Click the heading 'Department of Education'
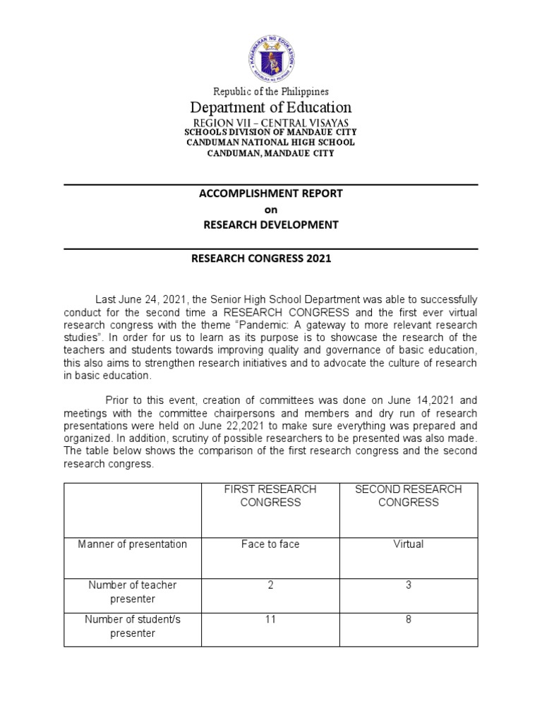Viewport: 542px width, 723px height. point(271,107)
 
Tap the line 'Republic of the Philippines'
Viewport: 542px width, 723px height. point(271,91)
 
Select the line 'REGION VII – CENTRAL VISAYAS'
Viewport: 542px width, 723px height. point(271,122)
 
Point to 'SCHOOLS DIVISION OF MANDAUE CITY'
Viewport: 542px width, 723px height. point(271,132)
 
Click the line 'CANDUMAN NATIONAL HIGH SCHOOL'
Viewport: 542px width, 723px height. point(271,143)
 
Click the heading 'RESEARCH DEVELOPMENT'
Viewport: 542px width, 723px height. point(271,225)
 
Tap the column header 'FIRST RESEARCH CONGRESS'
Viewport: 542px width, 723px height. point(270,496)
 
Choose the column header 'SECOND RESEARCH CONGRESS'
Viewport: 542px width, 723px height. point(409,496)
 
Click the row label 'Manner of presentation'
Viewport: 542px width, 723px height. point(133,544)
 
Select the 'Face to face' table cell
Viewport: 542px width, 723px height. point(270,544)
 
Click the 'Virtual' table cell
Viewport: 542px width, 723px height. point(409,544)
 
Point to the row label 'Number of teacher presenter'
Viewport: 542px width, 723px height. point(133,592)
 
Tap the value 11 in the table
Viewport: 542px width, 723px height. point(270,619)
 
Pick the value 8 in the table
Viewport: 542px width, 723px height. point(409,619)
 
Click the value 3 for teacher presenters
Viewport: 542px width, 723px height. point(409,585)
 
